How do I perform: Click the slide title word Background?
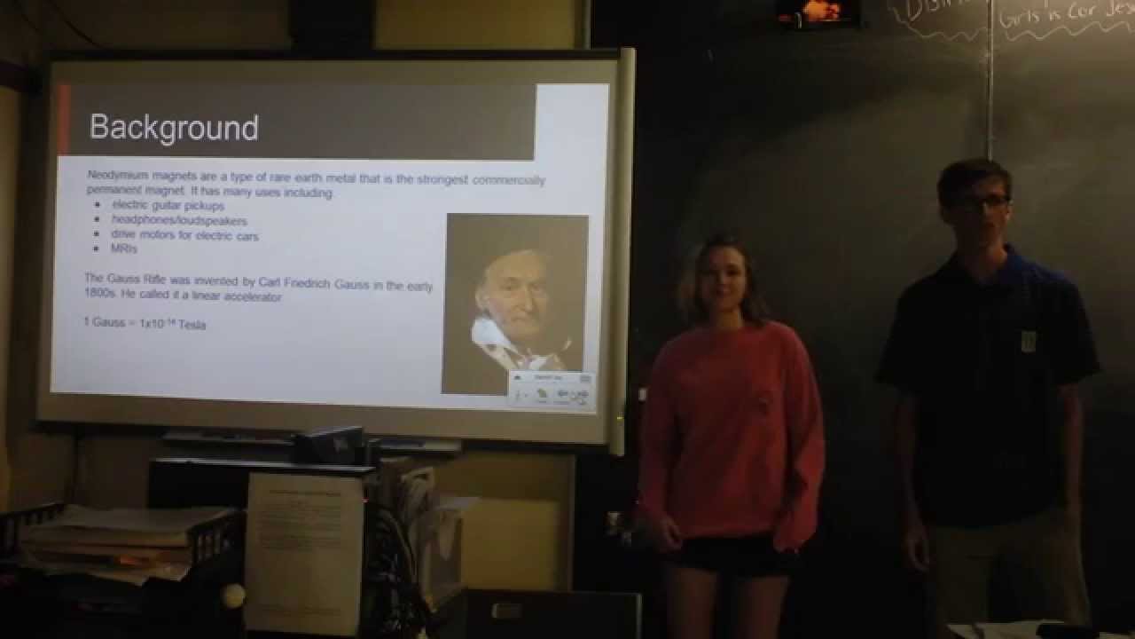pos(174,128)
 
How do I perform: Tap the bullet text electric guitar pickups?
pos(168,205)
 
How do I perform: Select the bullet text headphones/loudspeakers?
pos(179,220)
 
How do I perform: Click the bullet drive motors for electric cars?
pos(184,235)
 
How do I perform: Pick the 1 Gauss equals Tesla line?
pos(145,324)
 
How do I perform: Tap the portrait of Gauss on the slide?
pos(514,293)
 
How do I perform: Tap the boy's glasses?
pos(979,202)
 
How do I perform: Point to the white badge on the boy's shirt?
pos(1028,339)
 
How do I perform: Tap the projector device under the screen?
pos(330,444)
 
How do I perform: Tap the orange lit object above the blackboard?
pos(821,11)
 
